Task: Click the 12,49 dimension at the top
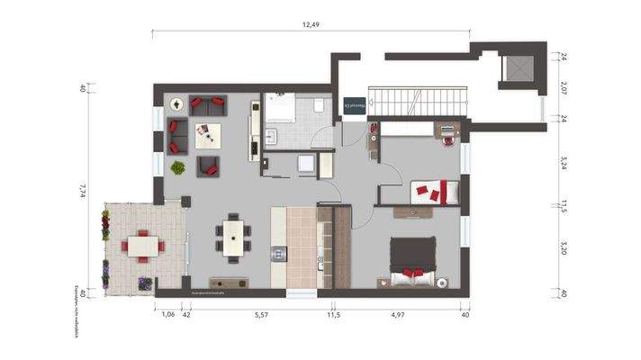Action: coord(311,24)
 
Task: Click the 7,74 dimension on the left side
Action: coord(82,190)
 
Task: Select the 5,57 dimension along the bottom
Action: coord(261,314)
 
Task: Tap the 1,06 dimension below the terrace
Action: coord(167,314)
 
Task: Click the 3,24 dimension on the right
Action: coord(564,163)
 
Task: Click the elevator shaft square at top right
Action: coord(519,68)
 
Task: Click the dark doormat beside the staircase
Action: coord(354,105)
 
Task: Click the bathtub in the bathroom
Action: coord(282,108)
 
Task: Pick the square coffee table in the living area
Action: coord(209,134)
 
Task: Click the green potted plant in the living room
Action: coord(178,167)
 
